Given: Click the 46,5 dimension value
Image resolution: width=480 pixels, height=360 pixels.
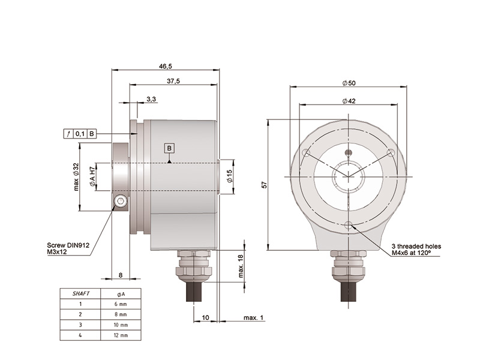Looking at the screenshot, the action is [166, 66].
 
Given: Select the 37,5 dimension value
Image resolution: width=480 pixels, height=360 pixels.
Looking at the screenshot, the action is [173, 81].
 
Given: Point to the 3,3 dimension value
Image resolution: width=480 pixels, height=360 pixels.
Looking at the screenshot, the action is [151, 99].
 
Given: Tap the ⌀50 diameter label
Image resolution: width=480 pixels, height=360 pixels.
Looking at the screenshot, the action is [349, 83].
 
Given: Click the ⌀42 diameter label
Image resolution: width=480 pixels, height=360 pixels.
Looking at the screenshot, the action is [349, 101].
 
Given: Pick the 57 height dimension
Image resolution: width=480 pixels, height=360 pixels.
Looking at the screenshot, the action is [264, 185].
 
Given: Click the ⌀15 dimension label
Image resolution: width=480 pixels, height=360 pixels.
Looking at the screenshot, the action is [230, 176].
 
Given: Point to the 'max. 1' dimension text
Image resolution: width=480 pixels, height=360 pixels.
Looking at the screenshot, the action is [253, 317].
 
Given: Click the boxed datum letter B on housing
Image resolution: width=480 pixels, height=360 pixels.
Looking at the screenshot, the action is [169, 148].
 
